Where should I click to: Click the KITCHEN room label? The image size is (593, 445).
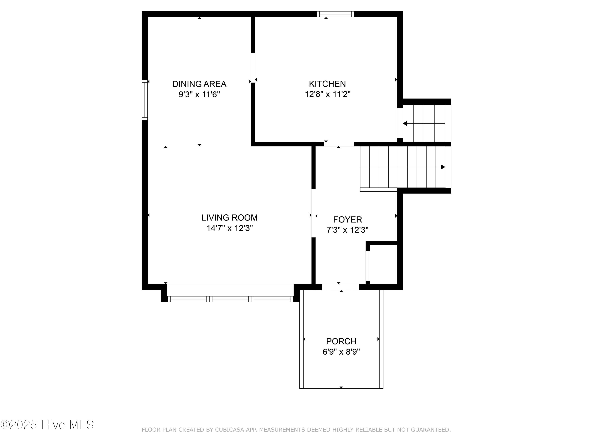(x=327, y=84)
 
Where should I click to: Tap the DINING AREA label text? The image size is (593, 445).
(x=199, y=84)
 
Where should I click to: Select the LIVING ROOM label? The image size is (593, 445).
(x=229, y=218)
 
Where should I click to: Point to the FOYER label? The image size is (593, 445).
(x=347, y=220)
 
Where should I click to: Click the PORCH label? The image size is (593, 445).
(x=341, y=341)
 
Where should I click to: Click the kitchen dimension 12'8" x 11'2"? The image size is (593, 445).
(x=328, y=94)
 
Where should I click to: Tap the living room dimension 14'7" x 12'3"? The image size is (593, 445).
(x=230, y=228)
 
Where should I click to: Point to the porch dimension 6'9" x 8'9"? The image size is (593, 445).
(x=341, y=352)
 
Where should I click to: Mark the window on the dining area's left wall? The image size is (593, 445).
(x=145, y=100)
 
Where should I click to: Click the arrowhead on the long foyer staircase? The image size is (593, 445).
(x=443, y=167)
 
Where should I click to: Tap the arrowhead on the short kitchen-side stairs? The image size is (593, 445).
(x=405, y=124)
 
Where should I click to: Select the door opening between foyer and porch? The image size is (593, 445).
(x=340, y=287)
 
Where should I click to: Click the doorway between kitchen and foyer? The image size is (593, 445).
(x=339, y=144)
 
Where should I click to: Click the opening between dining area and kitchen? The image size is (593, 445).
(x=253, y=68)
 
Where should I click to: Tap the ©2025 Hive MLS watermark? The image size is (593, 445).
(x=47, y=425)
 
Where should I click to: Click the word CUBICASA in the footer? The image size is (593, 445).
(x=229, y=430)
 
